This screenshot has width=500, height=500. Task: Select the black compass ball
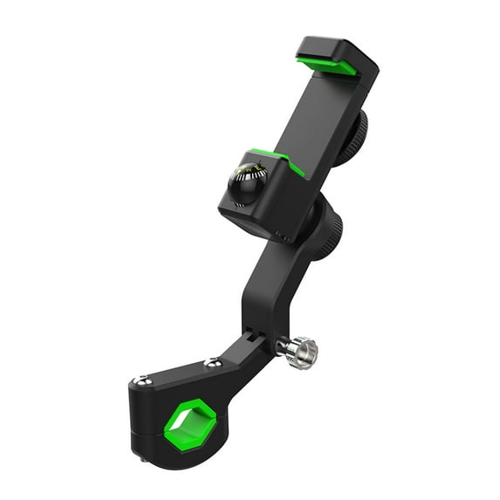point(250,184)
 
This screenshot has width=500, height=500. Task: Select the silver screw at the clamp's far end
point(141,380)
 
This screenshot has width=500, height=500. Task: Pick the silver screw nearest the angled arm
point(209,362)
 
